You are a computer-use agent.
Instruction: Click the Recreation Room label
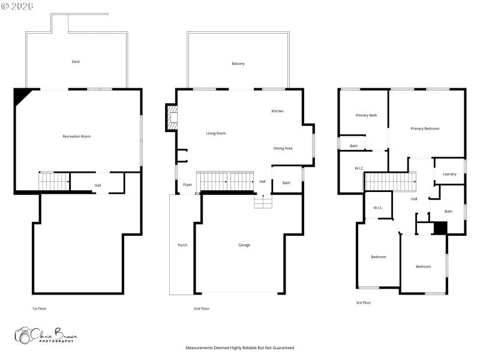pos(77,137)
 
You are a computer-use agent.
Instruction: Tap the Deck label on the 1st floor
pos(76,62)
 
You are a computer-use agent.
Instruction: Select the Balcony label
pos(238,64)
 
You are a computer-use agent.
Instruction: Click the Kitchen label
pos(277,111)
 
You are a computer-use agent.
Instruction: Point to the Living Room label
pos(216,133)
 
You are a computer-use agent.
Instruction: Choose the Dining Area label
pos(283,148)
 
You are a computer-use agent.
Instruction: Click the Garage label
pos(244,245)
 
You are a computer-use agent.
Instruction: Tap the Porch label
pos(182,245)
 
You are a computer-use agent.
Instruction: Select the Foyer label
pos(188,185)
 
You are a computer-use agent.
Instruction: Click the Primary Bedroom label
pos(425,128)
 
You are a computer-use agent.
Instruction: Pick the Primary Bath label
pos(366,115)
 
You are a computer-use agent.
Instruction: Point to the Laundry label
pos(449,175)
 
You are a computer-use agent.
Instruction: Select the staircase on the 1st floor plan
pos(54,181)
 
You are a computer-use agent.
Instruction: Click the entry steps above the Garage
pos(262,202)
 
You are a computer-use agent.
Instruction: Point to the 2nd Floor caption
pos(201,308)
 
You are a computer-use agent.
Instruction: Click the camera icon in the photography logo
pos(23,336)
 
